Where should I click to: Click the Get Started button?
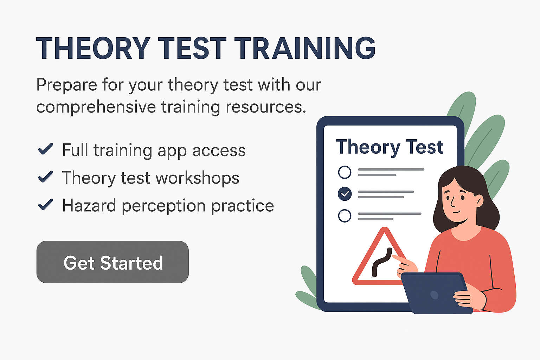click(x=112, y=262)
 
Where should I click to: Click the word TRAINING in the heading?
click(x=305, y=48)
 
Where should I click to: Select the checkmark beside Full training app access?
click(x=46, y=149)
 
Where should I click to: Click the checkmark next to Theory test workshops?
click(x=46, y=176)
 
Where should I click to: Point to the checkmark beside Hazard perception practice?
click(x=46, y=204)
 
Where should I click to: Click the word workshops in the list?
click(x=198, y=178)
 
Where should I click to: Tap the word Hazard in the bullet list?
click(x=89, y=205)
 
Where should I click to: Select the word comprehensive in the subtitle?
click(x=96, y=107)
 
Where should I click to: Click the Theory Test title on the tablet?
click(x=390, y=147)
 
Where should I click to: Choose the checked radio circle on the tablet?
click(x=345, y=194)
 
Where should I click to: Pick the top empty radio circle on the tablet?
click(x=345, y=172)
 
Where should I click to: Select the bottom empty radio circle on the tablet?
click(x=345, y=216)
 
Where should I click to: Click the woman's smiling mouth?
click(x=456, y=212)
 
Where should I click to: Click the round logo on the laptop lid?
click(x=435, y=295)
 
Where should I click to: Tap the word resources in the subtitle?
click(x=266, y=107)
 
